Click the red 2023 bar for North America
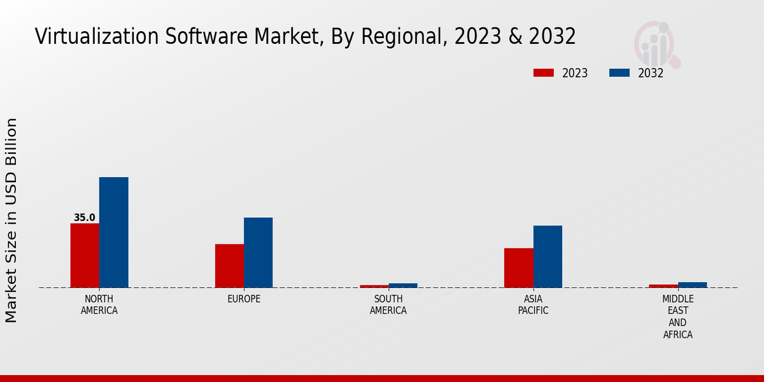pyautogui.click(x=85, y=255)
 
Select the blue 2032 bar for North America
pyautogui.click(x=113, y=232)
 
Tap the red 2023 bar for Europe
pyautogui.click(x=229, y=265)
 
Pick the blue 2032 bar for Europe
pyautogui.click(x=258, y=253)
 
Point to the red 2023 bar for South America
pyautogui.click(x=374, y=286)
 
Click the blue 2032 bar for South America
pyautogui.click(x=403, y=285)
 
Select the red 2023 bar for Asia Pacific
pyautogui.click(x=518, y=267)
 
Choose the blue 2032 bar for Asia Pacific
pyautogui.click(x=548, y=257)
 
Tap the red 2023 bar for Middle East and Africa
pyautogui.click(x=663, y=286)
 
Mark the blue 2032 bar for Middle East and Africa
pyautogui.click(x=692, y=285)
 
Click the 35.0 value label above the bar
pyautogui.click(x=85, y=218)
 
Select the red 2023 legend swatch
pyautogui.click(x=543, y=73)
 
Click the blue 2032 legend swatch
pyautogui.click(x=619, y=73)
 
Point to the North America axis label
pyautogui.click(x=99, y=305)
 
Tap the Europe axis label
pyautogui.click(x=244, y=299)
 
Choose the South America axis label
pyautogui.click(x=388, y=305)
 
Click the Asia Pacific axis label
pyautogui.click(x=533, y=305)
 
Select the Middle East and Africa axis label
pyautogui.click(x=678, y=316)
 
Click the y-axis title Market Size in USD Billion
pyautogui.click(x=11, y=220)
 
